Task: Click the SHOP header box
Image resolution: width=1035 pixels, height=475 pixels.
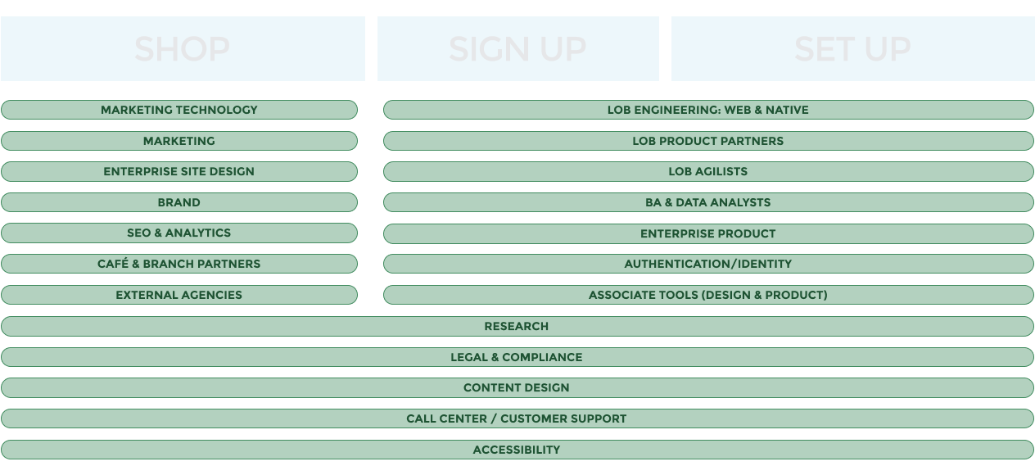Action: point(183,49)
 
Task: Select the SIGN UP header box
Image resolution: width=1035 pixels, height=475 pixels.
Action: point(517,49)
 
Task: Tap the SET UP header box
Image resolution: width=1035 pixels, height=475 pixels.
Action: point(852,49)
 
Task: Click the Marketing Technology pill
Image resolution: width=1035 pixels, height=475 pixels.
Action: point(179,110)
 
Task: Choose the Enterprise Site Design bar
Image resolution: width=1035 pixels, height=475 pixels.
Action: point(179,171)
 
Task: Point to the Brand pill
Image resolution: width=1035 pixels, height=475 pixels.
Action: point(179,202)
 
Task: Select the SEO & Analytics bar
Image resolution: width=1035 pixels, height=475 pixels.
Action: point(179,233)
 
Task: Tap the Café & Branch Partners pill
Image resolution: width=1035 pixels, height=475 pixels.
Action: point(179,264)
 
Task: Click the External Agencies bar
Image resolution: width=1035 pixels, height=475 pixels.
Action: point(179,295)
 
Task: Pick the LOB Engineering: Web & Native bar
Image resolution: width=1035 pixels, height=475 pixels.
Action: point(708,110)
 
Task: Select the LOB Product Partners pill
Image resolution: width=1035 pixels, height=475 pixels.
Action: point(708,141)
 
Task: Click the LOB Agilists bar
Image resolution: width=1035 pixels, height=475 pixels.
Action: point(708,171)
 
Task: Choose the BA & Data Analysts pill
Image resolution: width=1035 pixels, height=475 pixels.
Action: point(708,202)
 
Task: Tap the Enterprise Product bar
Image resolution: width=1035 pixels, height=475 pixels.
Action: point(708,233)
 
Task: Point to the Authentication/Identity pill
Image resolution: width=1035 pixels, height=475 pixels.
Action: point(708,264)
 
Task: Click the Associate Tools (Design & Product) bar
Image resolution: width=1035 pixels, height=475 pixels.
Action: point(708,295)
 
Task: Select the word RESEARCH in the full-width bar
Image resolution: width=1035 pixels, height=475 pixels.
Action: point(517,326)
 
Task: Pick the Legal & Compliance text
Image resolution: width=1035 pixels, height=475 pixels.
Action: point(517,357)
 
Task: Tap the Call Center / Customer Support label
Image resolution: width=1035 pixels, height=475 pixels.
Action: point(517,418)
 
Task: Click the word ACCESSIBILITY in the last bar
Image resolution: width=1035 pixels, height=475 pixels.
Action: point(517,450)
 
